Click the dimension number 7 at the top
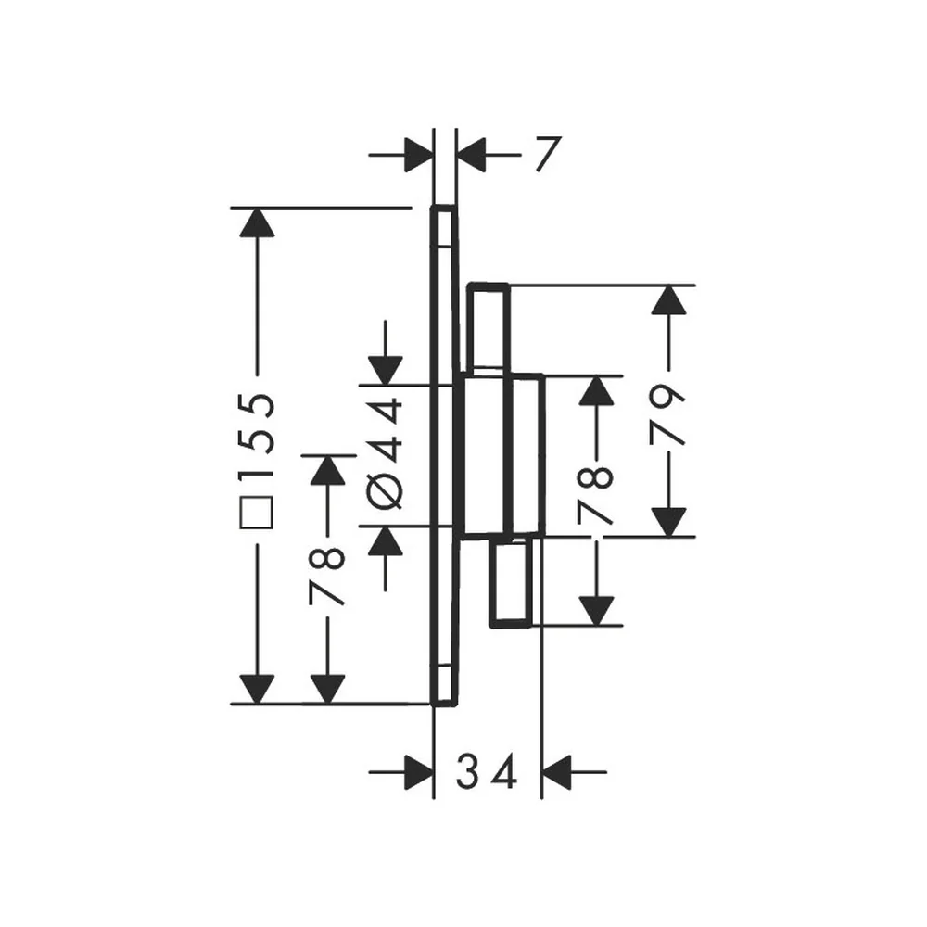[548, 154]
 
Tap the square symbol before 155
[257, 512]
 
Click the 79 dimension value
[668, 413]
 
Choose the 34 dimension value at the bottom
[487, 771]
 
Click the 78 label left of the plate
[326, 577]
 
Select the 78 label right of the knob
[595, 495]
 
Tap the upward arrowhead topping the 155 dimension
[257, 222]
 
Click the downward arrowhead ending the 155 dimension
[257, 690]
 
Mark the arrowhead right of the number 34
[556, 772]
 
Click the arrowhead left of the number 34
[419, 772]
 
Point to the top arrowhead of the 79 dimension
[668, 299]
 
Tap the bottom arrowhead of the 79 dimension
[668, 522]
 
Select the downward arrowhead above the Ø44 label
[386, 371]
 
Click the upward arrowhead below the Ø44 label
[386, 540]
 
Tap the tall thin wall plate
[444, 456]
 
